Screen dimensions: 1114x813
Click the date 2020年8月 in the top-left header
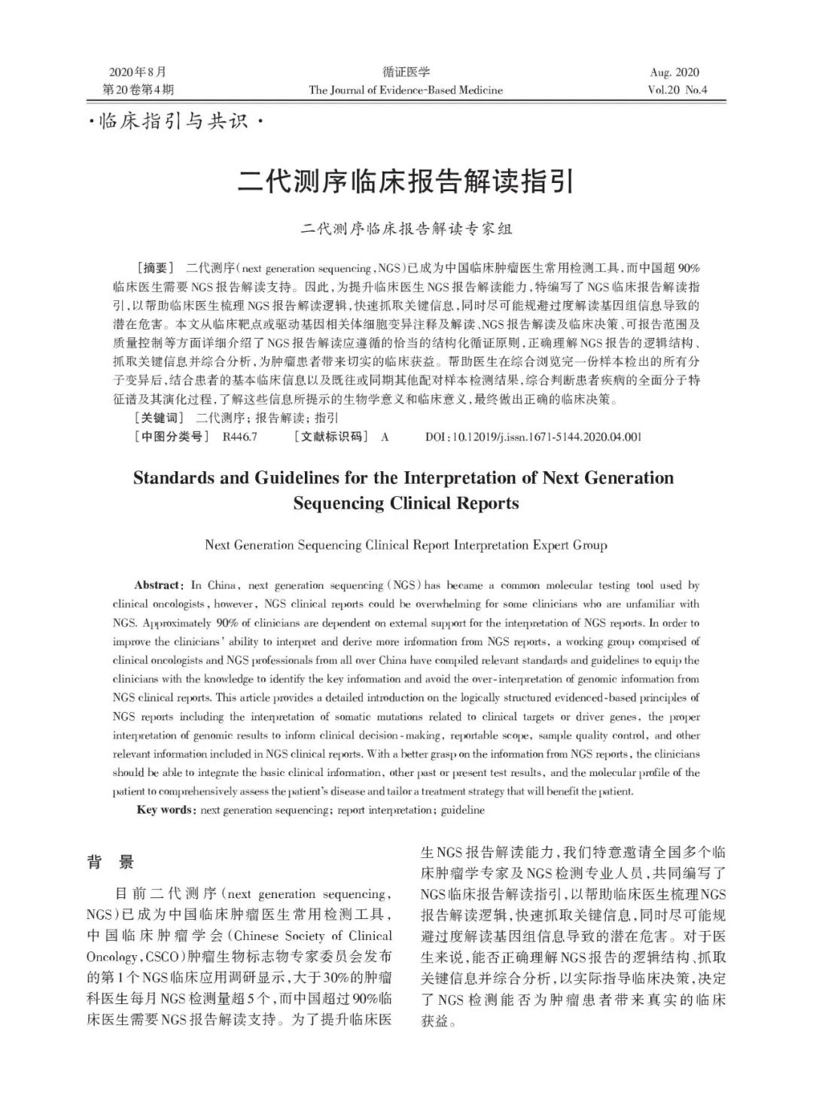137,72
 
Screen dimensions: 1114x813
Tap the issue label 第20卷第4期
138,90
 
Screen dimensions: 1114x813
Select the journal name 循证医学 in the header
406,72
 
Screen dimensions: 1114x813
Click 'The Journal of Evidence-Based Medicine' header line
406,90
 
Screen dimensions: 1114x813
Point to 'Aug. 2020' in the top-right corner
674,72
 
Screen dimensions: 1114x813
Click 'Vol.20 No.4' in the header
677,90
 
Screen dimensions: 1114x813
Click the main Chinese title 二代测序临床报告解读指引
406,183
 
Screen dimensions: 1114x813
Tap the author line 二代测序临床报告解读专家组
406,229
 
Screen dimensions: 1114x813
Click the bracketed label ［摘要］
155,268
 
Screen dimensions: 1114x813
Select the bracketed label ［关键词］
159,418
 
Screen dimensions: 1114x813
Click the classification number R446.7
240,437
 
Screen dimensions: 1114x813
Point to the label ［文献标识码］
330,437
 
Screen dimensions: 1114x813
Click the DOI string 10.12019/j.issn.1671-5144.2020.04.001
545,437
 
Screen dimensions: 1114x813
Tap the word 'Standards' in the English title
172,478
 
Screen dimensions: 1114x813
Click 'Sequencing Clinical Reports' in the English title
406,503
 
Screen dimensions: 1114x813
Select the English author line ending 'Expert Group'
406,544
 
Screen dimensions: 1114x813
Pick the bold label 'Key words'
166,810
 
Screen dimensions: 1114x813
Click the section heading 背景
111,863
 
